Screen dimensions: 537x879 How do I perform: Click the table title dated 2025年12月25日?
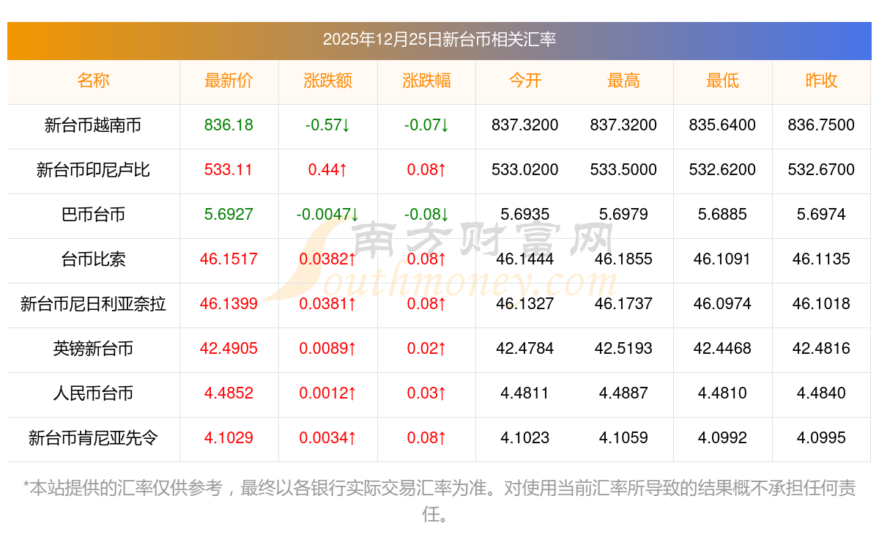[x=439, y=40]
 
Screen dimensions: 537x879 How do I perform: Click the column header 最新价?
[x=229, y=81]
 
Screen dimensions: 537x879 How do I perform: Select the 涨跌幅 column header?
[x=426, y=81]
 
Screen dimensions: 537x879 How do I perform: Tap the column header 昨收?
[x=821, y=81]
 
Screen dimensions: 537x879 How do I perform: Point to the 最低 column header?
[x=722, y=81]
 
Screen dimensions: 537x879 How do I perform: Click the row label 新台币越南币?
[x=93, y=125]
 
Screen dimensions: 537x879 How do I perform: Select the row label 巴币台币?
[x=93, y=215]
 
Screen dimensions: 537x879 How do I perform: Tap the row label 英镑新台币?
[x=93, y=349]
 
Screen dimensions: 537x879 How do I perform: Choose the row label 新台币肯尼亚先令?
[x=93, y=438]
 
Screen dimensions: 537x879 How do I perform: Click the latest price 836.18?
[x=229, y=125]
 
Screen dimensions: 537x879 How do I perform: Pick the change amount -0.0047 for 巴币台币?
[x=327, y=215]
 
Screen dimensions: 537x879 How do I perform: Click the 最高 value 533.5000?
[x=623, y=170]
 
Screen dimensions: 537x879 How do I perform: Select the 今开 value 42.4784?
[x=524, y=349]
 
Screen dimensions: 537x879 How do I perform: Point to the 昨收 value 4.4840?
[x=821, y=393]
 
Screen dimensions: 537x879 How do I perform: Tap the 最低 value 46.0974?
[x=722, y=304]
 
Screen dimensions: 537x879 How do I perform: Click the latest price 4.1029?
[x=229, y=438]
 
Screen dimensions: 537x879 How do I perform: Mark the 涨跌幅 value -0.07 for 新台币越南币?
[x=426, y=125]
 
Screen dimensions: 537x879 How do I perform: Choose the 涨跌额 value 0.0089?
[x=327, y=349]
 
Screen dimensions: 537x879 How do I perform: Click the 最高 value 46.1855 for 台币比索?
[x=623, y=259]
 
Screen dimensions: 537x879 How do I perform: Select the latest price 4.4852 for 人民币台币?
[x=229, y=393]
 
